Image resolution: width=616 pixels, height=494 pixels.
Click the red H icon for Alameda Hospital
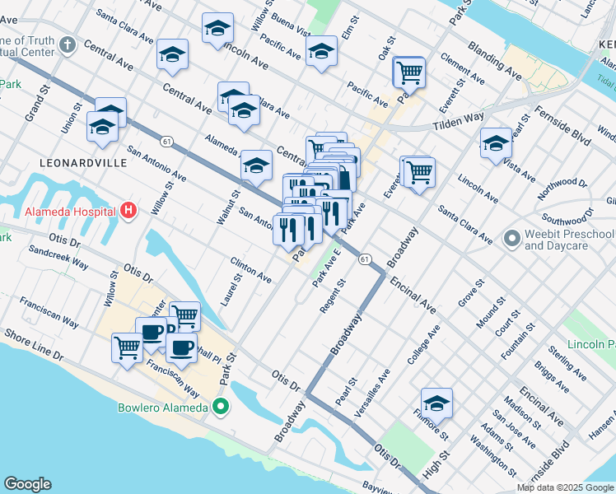pos(128,212)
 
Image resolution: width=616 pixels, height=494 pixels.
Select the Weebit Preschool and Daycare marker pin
pos(511,240)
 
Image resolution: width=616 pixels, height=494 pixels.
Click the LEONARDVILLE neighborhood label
pos(88,163)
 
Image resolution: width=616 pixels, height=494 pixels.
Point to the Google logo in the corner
pos(27,484)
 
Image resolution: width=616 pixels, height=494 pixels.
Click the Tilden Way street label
pos(460,120)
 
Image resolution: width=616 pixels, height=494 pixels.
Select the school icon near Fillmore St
pos(436,403)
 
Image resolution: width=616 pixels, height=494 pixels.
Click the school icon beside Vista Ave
pos(496,142)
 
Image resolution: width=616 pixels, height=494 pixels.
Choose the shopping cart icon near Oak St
pos(408,72)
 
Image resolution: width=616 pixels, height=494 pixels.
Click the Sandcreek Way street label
pos(58,255)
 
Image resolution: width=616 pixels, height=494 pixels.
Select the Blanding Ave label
pos(494,62)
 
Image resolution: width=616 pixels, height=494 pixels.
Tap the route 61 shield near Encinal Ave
pos(364,259)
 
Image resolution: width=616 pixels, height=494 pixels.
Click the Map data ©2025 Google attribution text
pos(564,487)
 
